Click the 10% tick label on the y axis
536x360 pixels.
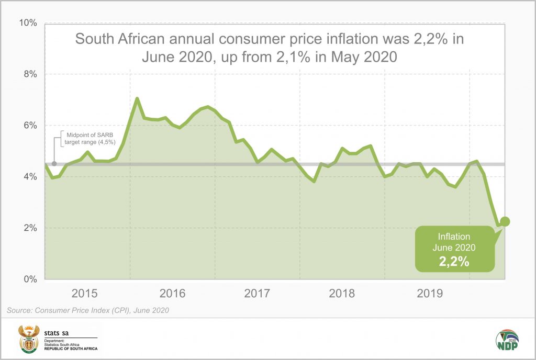27,23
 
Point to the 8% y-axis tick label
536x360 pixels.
29,74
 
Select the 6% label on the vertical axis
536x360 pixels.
29,126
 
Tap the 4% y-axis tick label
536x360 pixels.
29,177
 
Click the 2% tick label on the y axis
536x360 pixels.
29,228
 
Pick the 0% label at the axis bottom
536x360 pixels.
29,279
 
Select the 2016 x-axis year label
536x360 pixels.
171,294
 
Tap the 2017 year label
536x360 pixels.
256,294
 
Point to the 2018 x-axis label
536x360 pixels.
341,294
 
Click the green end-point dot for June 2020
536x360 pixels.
505,221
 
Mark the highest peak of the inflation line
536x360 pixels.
137,98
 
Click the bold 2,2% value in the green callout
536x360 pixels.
454,261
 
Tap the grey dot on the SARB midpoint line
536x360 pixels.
54,164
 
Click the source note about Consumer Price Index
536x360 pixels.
87,311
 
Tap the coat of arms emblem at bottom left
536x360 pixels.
29,339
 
